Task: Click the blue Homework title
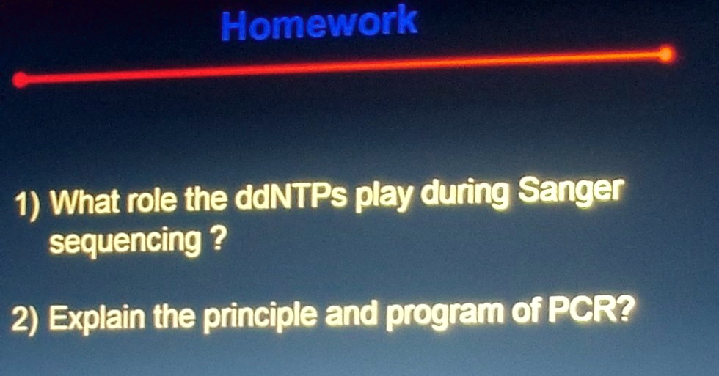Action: tap(319, 24)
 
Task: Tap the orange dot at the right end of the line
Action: tap(665, 54)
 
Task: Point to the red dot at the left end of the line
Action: tap(21, 80)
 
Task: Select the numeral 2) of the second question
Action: tap(29, 320)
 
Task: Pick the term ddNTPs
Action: tap(291, 198)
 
